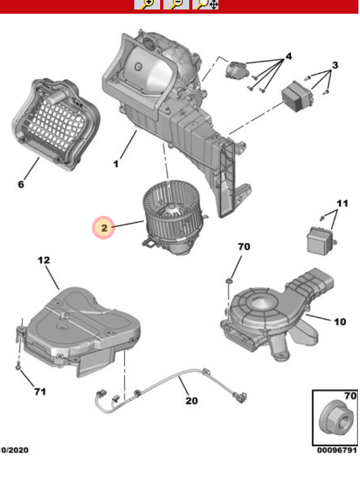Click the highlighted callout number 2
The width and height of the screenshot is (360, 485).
tap(104, 228)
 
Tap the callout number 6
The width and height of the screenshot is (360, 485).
tap(21, 184)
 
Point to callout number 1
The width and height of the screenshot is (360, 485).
tap(116, 164)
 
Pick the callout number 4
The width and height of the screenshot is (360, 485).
tap(289, 57)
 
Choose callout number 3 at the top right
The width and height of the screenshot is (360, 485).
tap(335, 66)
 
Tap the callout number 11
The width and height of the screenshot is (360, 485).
tap(343, 204)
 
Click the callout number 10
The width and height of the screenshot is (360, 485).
tap(340, 321)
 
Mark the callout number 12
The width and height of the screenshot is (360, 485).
tap(43, 260)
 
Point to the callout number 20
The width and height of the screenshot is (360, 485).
tap(191, 400)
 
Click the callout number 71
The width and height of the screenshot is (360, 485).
tap(40, 391)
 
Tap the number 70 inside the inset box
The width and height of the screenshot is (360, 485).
tap(350, 395)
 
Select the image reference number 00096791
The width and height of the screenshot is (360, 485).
tap(337, 451)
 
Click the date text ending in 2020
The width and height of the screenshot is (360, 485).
tap(14, 451)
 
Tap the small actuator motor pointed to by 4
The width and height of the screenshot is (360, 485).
tap(236, 69)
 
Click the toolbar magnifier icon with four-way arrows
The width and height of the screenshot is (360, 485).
tap(206, 5)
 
